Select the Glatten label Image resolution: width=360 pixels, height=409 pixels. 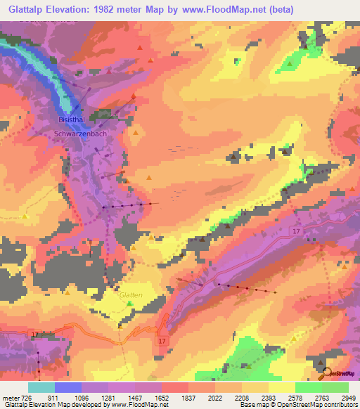(131, 295)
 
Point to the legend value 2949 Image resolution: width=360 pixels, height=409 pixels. (340, 398)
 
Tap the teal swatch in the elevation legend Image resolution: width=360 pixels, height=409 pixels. (41, 387)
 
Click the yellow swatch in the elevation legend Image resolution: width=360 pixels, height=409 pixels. (281, 387)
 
